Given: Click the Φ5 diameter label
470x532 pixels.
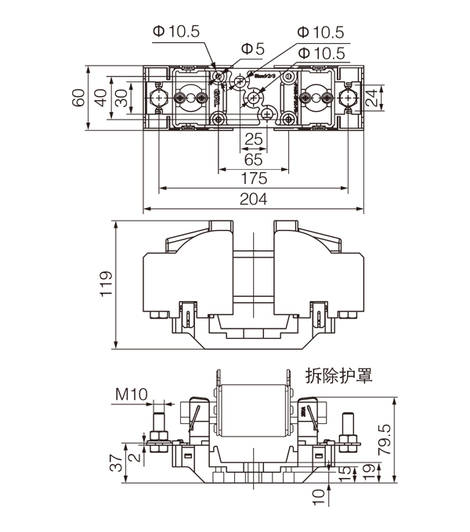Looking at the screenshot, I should pyautogui.click(x=252, y=49).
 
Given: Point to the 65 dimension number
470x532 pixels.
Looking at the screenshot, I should pyautogui.click(x=252, y=159).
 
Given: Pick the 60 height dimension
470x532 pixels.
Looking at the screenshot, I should pyautogui.click(x=78, y=98).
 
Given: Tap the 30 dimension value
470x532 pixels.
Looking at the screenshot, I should pyautogui.click(x=120, y=98).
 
